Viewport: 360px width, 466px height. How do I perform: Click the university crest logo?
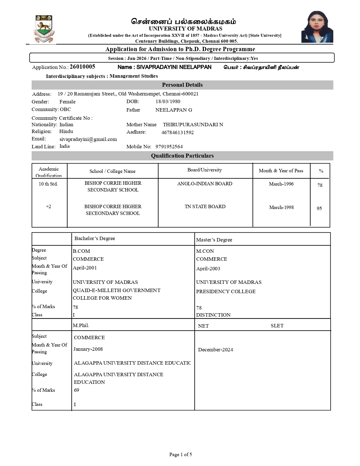click(43, 29)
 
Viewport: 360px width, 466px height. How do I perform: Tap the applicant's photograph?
click(317, 27)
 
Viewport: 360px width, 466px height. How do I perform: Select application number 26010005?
click(82, 67)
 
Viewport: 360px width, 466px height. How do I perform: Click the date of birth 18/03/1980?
click(168, 101)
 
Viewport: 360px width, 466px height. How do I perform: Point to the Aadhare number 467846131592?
click(177, 132)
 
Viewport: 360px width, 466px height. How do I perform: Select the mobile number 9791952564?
click(169, 147)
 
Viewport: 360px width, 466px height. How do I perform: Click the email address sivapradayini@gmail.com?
click(88, 139)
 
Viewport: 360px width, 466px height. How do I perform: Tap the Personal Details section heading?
click(182, 85)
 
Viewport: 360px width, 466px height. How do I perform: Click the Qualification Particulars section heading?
click(182, 156)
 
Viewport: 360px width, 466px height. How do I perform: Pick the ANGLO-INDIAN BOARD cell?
click(205, 184)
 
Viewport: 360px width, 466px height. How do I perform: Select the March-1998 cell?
click(281, 207)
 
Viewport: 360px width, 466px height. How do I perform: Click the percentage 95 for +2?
click(319, 208)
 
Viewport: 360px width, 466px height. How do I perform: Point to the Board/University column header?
click(204, 170)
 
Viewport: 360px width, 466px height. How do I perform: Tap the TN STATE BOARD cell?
click(205, 206)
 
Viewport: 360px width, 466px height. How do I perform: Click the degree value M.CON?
click(205, 251)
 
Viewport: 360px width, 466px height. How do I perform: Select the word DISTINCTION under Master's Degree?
click(213, 315)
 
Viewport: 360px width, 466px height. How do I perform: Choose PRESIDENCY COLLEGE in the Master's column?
click(226, 291)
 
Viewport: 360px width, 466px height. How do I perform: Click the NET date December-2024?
click(215, 350)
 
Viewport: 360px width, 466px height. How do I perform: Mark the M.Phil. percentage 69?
click(77, 390)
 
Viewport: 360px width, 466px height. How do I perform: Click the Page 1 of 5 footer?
click(180, 454)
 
